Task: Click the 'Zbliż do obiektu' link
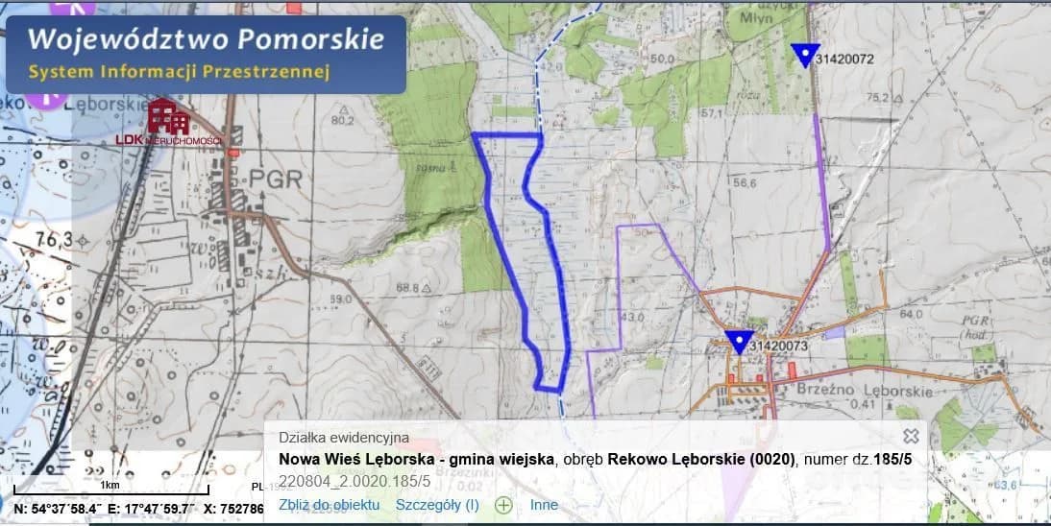330,505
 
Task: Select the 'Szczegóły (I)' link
437,505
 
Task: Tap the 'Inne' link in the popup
544,505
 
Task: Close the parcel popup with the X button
911,436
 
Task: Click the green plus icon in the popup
502,505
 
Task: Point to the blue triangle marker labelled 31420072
805,56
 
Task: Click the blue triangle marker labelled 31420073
738,342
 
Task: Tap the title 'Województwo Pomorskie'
206,40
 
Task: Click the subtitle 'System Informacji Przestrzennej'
179,72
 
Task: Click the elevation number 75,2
878,97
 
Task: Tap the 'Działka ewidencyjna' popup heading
344,438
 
